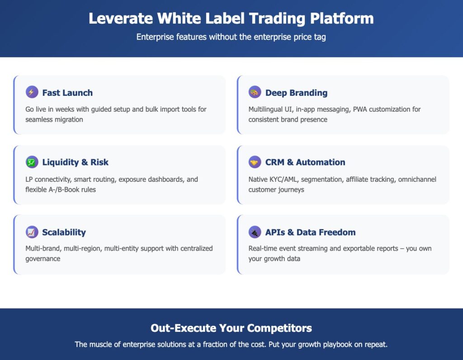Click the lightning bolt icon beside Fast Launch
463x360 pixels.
(32, 92)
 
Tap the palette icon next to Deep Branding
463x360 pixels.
(255, 92)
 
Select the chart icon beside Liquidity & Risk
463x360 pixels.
(32, 162)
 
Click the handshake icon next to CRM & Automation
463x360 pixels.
(255, 162)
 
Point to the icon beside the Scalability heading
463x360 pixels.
(32, 232)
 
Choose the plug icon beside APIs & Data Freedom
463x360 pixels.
(255, 232)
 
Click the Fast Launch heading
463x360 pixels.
(67, 93)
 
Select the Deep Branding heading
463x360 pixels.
(296, 93)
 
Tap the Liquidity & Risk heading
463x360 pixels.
(76, 162)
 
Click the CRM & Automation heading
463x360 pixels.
(305, 162)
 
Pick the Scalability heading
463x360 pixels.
(64, 232)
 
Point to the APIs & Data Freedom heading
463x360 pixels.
(310, 232)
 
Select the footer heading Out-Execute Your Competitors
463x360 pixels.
(231, 328)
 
